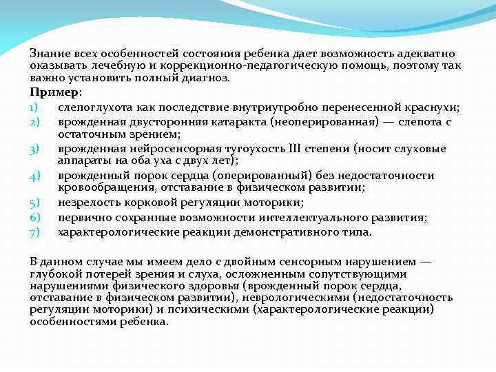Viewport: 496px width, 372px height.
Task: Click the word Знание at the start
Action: (47, 54)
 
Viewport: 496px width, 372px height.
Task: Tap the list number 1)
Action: (35, 107)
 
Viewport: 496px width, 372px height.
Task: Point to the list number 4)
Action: (36, 175)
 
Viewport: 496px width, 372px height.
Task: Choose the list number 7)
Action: (36, 232)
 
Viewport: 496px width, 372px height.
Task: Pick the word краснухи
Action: (433, 107)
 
